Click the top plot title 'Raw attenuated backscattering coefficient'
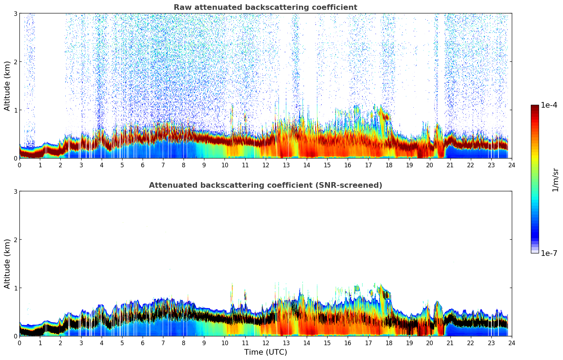(x=265, y=7)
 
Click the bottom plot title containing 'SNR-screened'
(x=265, y=185)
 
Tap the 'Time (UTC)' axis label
(x=265, y=352)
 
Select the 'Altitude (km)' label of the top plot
(x=7, y=86)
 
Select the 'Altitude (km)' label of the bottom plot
(x=7, y=264)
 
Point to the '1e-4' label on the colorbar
(x=549, y=105)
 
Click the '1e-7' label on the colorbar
(x=549, y=253)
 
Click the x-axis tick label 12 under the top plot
(x=265, y=165)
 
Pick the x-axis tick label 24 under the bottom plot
(x=511, y=343)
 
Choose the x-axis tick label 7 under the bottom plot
(x=163, y=343)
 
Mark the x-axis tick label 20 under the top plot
(x=430, y=165)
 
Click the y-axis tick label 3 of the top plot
(x=16, y=13)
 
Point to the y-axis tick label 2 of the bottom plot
(x=16, y=240)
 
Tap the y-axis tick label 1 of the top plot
(x=16, y=110)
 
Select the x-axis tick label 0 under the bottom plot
(x=19, y=343)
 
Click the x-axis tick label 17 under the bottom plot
(x=368, y=343)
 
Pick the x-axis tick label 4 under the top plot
(x=102, y=165)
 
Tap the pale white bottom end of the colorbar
(x=534, y=252)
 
